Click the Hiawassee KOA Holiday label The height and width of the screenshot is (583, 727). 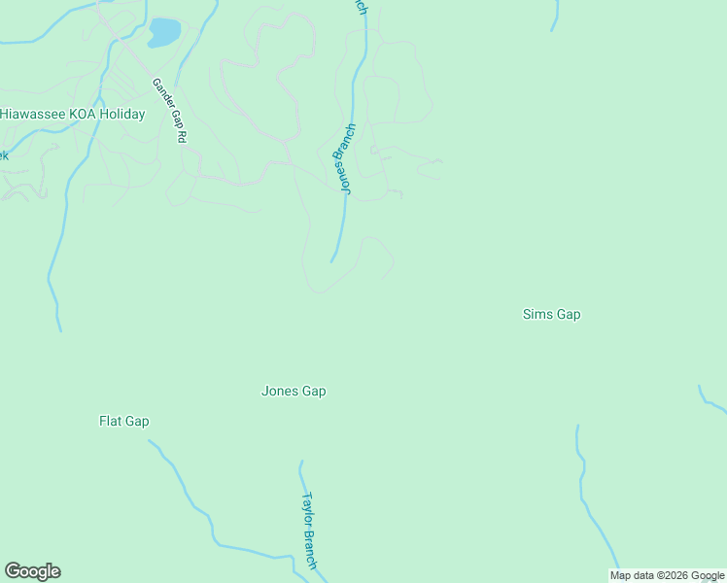[73, 115]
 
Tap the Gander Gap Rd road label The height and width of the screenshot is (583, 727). [168, 111]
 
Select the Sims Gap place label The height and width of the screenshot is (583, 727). [551, 314]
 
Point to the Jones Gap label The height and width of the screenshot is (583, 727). [294, 392]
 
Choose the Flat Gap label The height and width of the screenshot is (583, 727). [124, 422]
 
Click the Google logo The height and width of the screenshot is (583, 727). [32, 571]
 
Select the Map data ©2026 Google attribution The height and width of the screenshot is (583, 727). [668, 575]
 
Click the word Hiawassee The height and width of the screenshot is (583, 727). [34, 115]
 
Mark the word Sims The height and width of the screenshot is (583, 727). [537, 314]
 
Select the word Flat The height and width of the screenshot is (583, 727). [110, 422]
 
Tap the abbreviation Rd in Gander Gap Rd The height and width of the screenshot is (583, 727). [180, 136]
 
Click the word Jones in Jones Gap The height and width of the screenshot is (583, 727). [279, 392]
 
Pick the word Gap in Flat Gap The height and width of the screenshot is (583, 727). [137, 422]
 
